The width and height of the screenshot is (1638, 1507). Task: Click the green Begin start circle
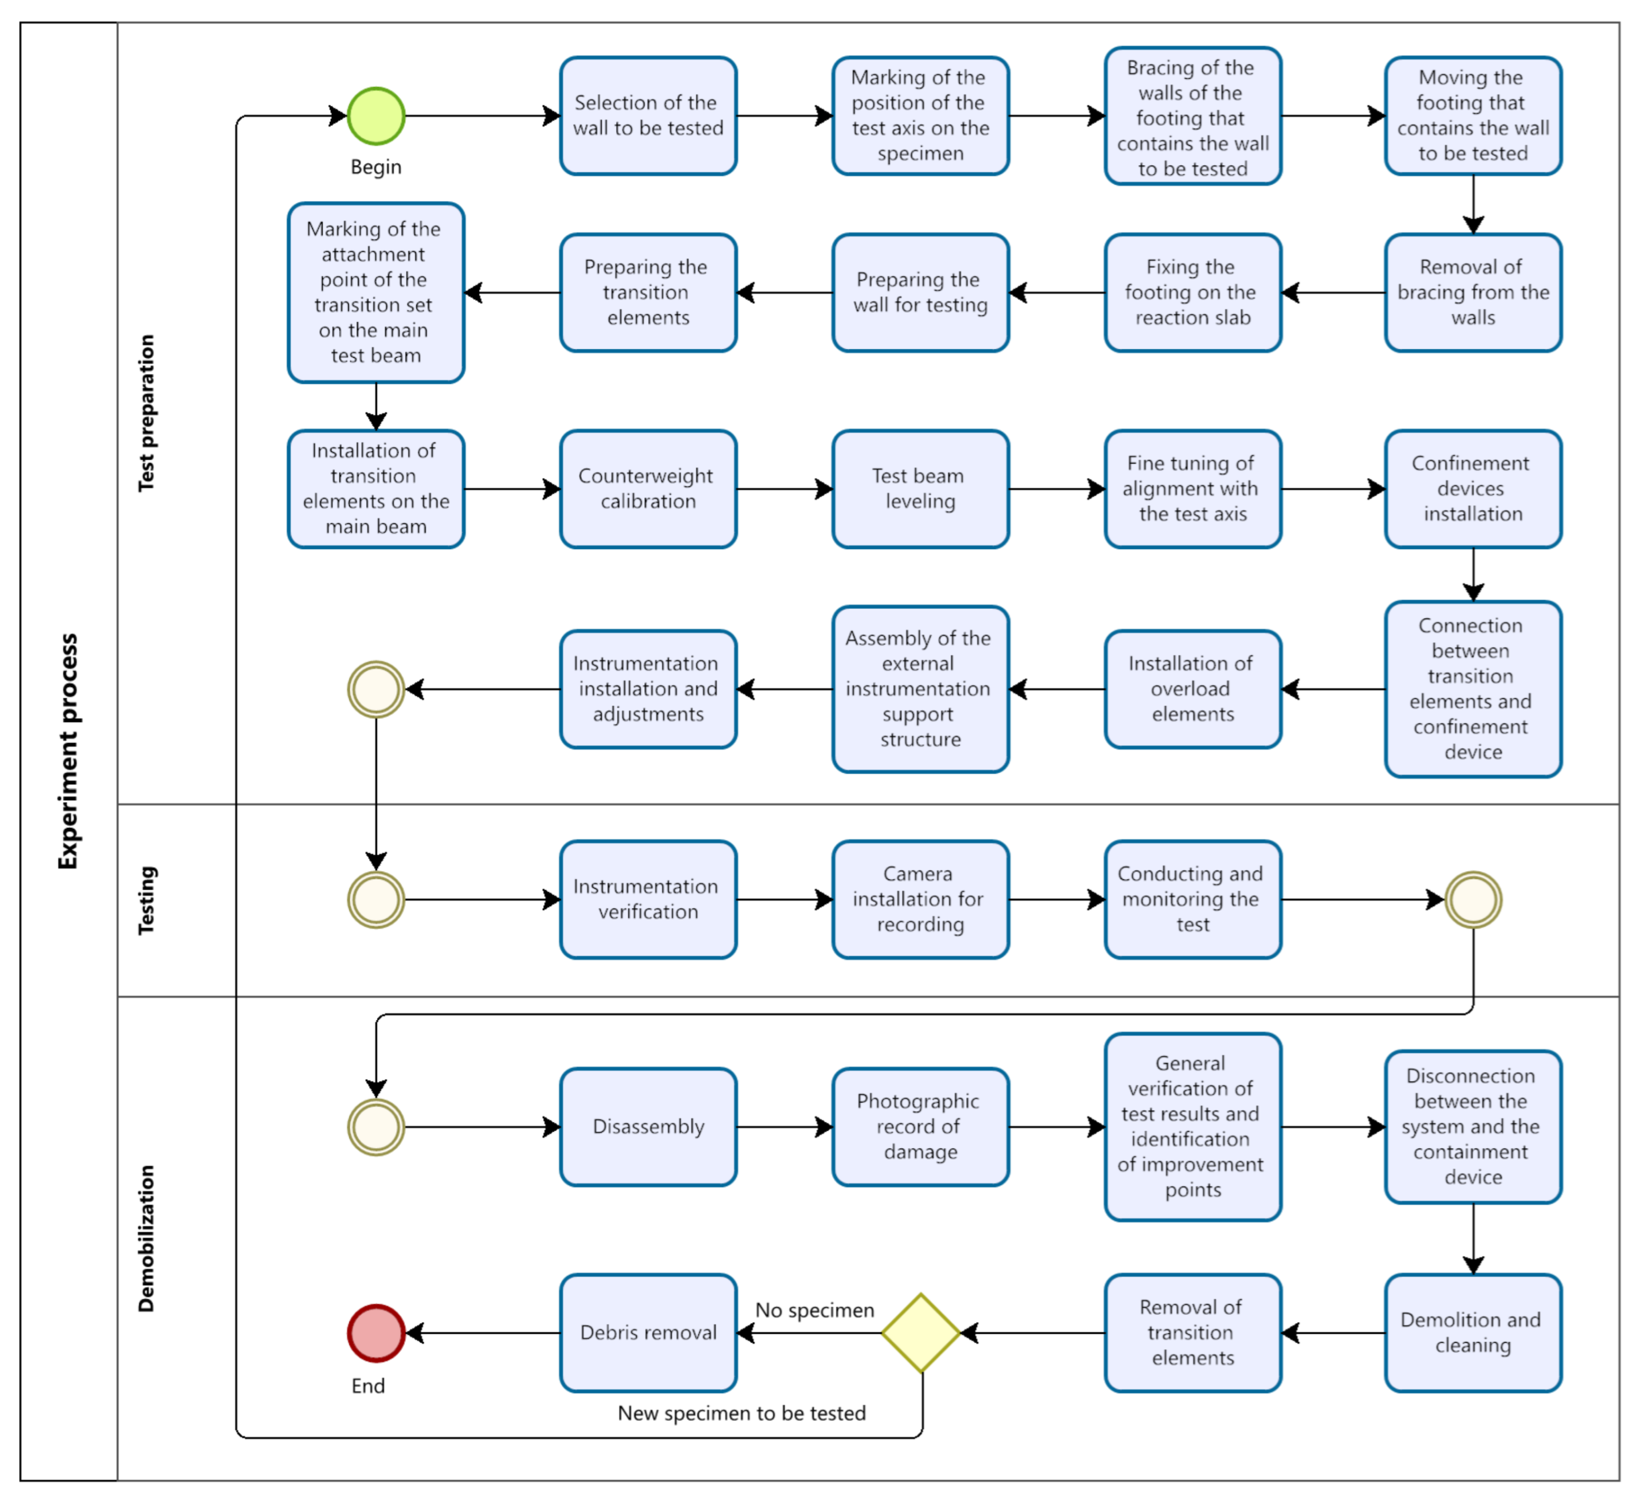376,116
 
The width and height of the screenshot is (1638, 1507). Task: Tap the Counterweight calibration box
648,489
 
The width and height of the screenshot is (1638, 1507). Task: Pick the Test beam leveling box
920,489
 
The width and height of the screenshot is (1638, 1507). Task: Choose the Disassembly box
648,1127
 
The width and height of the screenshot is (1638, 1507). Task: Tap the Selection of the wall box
648,116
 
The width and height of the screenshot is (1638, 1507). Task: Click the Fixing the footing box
1193,293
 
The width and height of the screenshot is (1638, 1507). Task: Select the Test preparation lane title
146,413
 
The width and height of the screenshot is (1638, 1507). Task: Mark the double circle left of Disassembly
376,1127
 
